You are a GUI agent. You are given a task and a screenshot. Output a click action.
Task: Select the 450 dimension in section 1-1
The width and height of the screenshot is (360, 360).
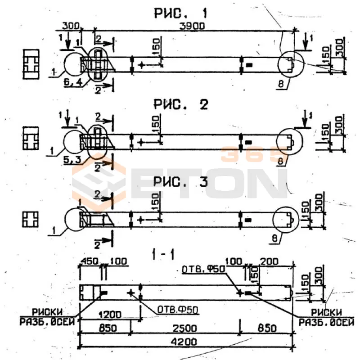89,262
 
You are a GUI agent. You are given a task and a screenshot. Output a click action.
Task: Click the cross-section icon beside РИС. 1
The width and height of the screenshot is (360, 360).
31,65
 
